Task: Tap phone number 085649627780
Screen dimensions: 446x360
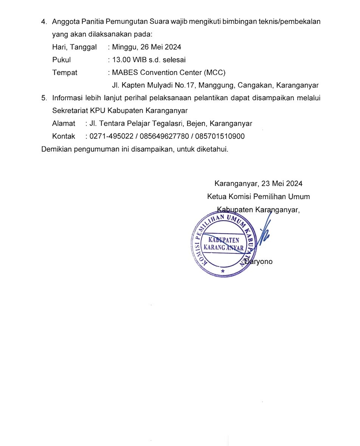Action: [164, 136]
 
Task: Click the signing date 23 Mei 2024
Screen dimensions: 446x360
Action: [282, 184]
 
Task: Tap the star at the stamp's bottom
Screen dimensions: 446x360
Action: [222, 272]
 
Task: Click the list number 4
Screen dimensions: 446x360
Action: [44, 22]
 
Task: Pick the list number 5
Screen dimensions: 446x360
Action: [44, 98]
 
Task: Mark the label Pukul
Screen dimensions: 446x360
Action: [62, 60]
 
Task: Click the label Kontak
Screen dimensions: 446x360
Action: [64, 136]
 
